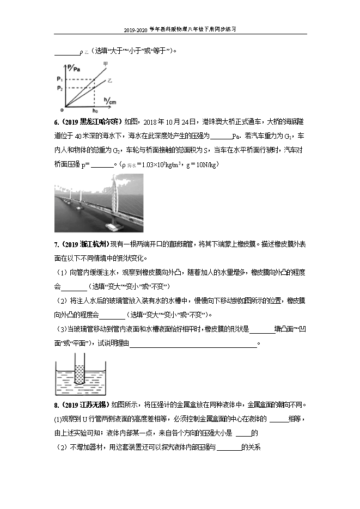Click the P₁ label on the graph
tap(60, 79)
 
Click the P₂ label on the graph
tap(60, 88)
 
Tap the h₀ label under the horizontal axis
tap(96, 111)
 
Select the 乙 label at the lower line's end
tap(109, 81)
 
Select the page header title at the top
tap(180, 30)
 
